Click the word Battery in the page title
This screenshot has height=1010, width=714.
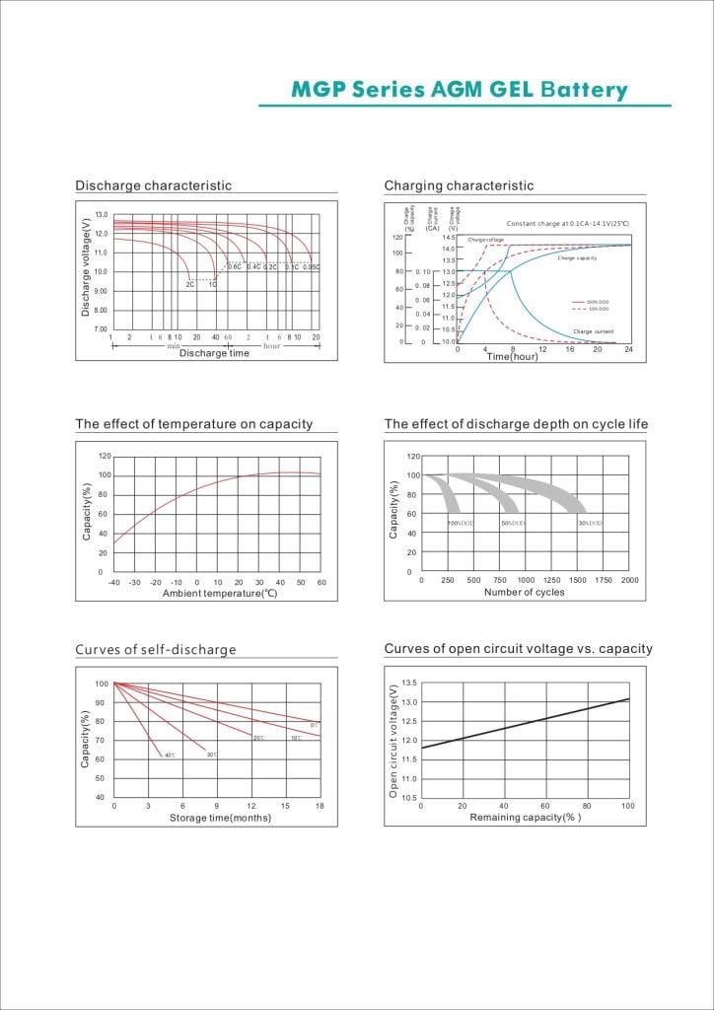pos(584,91)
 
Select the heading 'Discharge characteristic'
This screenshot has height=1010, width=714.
pos(153,185)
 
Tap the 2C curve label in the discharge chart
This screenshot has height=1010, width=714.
pos(190,284)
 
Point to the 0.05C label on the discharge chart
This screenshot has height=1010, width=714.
pos(311,267)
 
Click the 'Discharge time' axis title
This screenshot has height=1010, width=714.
pos(214,353)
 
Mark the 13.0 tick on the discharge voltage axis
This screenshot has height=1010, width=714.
pos(102,214)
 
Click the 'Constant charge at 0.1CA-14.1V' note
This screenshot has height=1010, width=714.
pos(567,224)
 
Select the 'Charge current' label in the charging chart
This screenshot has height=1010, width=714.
pos(594,331)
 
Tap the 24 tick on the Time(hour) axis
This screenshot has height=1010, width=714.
pos(628,350)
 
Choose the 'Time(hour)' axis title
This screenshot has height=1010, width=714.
pos(513,356)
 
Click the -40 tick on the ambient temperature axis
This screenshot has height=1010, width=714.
pos(114,583)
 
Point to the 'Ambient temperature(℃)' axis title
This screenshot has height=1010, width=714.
pos(220,593)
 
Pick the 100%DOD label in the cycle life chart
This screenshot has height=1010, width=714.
pos(461,523)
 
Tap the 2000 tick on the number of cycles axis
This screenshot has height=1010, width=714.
pos(629,580)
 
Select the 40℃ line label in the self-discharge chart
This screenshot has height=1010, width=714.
pos(170,756)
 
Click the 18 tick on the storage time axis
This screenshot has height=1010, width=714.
pos(320,807)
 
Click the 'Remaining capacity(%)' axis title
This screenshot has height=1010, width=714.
pos(525,818)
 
